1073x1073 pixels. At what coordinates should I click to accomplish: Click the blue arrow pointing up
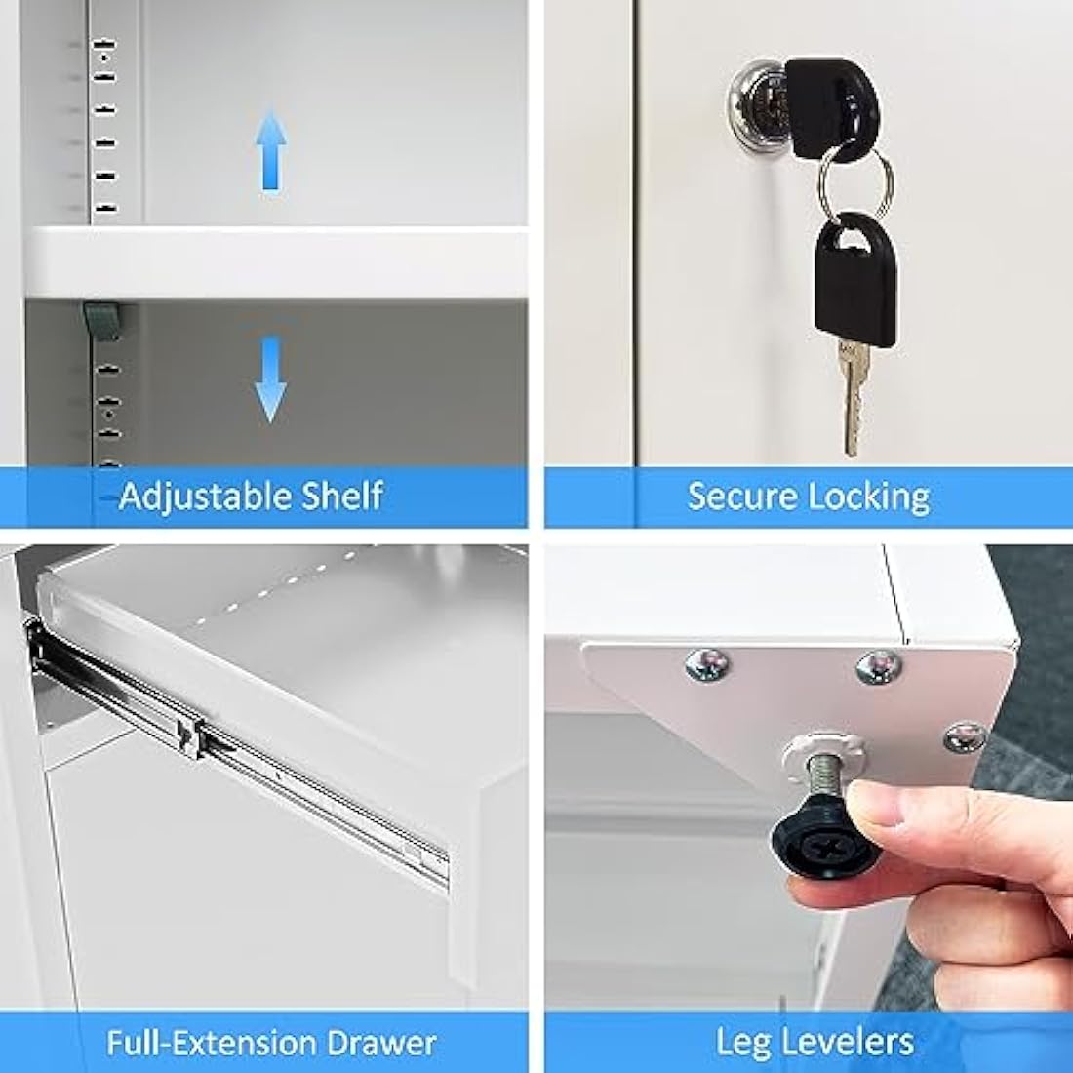tap(271, 150)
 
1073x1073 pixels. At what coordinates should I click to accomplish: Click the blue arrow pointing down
tap(271, 378)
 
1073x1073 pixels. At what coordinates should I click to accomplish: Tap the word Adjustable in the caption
tap(205, 497)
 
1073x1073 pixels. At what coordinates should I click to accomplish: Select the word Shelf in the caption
tap(341, 496)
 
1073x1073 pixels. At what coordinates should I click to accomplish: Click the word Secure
tap(741, 497)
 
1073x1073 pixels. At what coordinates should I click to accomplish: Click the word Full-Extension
tap(213, 1043)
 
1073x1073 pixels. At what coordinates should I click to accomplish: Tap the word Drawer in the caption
tap(381, 1043)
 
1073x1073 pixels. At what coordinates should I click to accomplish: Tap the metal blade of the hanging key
tap(852, 397)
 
